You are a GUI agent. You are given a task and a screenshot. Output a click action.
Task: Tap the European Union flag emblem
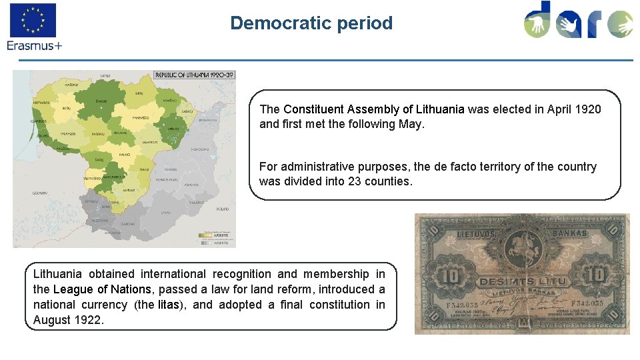click(33, 20)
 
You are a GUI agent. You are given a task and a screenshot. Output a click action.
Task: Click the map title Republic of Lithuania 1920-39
click(194, 75)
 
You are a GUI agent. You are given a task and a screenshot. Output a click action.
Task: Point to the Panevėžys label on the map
click(139, 117)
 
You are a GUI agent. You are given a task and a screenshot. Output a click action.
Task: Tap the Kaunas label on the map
click(124, 155)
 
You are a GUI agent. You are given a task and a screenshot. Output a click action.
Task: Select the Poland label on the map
click(222, 209)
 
